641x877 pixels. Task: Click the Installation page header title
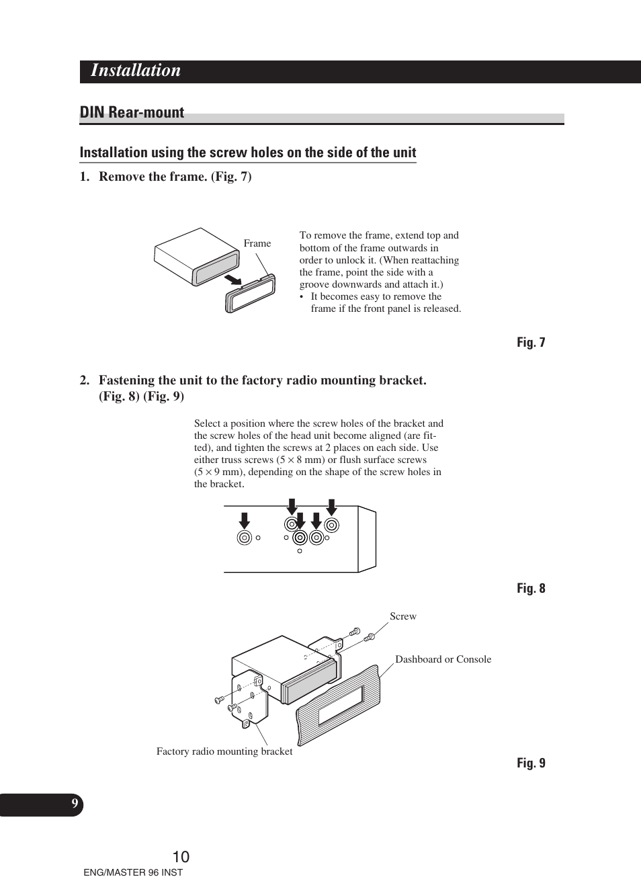[136, 71]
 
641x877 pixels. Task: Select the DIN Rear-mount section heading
[132, 113]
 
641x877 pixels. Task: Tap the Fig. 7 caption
[531, 343]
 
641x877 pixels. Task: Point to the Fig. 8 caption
[531, 589]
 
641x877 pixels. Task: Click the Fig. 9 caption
[531, 763]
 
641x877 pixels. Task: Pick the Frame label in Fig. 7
[257, 243]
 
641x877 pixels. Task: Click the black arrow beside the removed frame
[232, 278]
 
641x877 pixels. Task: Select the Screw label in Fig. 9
[403, 616]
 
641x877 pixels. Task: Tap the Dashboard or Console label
[443, 659]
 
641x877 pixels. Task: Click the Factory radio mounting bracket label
[224, 751]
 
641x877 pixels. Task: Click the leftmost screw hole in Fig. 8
[245, 538]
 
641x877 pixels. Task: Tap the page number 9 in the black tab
[75, 804]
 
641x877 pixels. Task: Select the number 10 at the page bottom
[181, 857]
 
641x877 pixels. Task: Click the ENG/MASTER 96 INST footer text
[133, 872]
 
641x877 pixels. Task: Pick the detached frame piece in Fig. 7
[251, 294]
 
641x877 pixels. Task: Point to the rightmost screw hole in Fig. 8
[331, 526]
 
